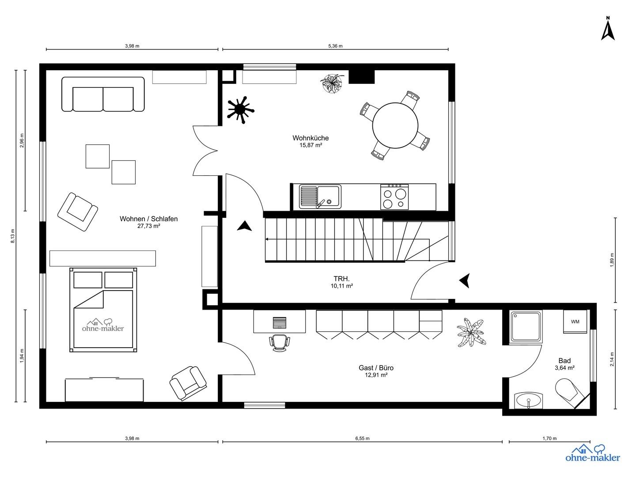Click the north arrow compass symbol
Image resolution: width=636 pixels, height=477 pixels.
click(608, 29)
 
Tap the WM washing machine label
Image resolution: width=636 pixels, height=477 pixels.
click(575, 322)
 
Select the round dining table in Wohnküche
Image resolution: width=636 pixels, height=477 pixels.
click(395, 126)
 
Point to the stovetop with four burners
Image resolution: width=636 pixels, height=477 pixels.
click(394, 197)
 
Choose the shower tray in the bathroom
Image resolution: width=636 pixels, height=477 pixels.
click(526, 326)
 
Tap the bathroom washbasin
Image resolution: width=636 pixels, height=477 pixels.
click(529, 401)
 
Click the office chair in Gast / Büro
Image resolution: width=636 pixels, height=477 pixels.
click(280, 342)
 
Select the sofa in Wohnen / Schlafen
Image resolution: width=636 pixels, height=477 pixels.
click(103, 94)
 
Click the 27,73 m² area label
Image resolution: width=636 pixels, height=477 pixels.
click(148, 226)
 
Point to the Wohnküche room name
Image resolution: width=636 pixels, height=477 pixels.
click(310, 138)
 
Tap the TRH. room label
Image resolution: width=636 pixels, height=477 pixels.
click(341, 279)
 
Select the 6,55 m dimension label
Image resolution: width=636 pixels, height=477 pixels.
click(362, 439)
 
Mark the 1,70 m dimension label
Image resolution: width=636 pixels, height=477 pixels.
click(549, 439)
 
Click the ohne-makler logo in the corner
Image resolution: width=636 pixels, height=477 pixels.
click(593, 454)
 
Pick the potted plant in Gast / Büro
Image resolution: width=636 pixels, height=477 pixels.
click(471, 332)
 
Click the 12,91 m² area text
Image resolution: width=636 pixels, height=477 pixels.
click(376, 375)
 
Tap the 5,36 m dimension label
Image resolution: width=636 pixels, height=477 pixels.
click(335, 46)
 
